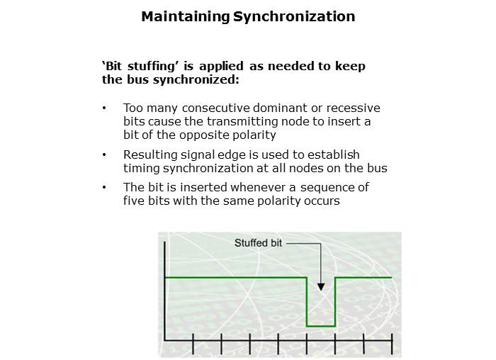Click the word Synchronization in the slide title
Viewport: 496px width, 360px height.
294,16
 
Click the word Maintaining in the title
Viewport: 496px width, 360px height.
186,16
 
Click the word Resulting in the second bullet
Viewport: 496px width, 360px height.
148,154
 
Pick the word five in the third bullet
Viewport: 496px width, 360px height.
134,201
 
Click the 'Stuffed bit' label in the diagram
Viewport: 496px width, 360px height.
259,243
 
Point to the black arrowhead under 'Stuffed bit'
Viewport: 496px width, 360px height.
321,286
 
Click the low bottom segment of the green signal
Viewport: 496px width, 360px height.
321,325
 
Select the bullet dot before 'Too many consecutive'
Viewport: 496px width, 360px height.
105,108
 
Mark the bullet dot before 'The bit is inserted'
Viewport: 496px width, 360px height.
105,189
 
